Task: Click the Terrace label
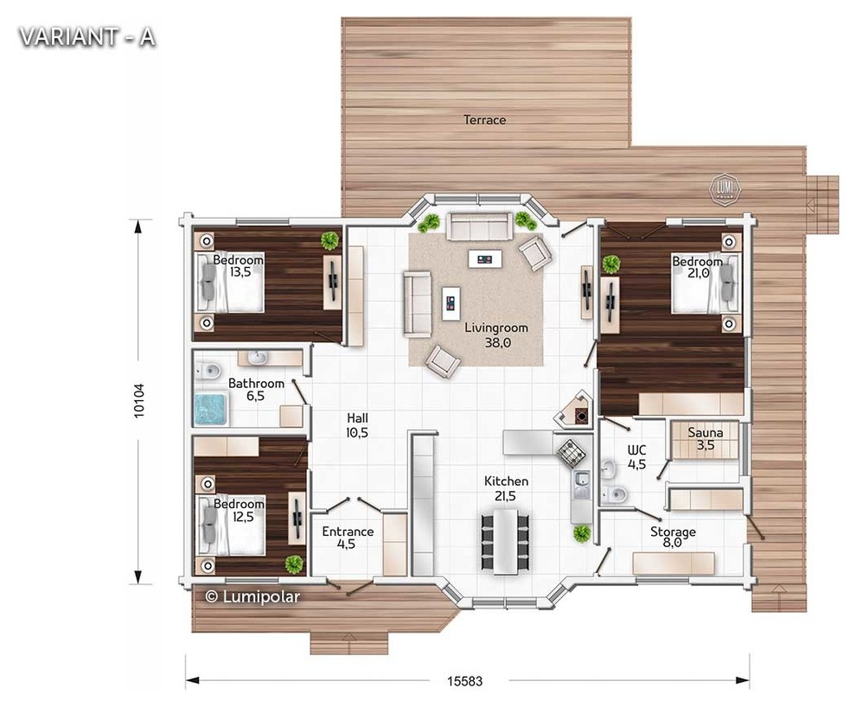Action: (484, 119)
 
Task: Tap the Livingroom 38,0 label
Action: (496, 335)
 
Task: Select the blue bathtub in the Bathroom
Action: (211, 409)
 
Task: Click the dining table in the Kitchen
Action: (506, 541)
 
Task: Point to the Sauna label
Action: (706, 433)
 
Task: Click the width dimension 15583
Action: (464, 681)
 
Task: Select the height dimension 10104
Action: (139, 401)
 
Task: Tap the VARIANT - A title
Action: (86, 37)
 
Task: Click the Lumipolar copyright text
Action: (252, 596)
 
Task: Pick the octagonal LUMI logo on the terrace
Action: (725, 190)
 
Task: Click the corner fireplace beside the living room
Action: (574, 409)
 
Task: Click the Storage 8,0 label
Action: (673, 537)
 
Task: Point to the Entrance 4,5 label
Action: (348, 538)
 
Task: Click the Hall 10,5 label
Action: (357, 425)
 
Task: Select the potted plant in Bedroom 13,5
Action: (329, 240)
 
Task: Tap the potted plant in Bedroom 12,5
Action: (294, 564)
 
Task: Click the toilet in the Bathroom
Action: (208, 371)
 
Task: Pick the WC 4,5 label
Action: (636, 457)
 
